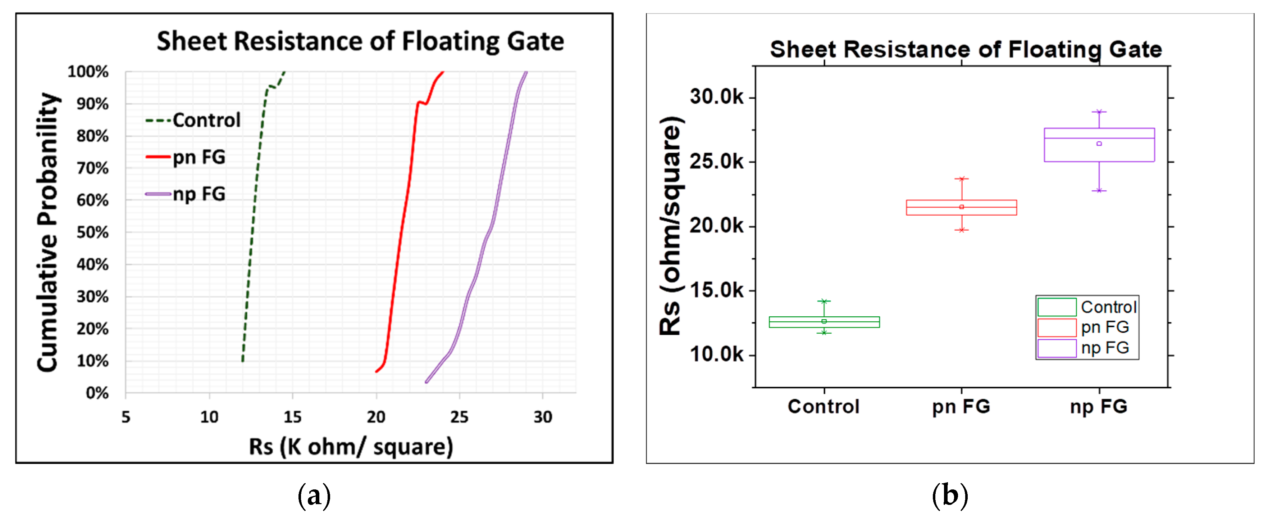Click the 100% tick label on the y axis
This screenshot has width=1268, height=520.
coord(88,72)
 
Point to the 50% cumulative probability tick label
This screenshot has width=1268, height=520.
coord(92,232)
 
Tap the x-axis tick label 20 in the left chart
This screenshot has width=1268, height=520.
coord(376,417)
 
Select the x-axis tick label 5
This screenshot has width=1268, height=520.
coord(126,417)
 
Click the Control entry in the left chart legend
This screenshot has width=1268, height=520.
coord(206,120)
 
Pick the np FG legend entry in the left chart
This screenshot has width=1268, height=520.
coord(199,194)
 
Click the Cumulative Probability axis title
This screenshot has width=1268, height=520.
coord(48,231)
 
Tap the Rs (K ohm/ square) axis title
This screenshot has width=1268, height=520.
coord(351,447)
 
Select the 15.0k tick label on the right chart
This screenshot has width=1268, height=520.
coord(716,290)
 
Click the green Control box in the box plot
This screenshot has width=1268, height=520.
coord(824,322)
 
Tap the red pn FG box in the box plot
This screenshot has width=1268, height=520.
coord(961,207)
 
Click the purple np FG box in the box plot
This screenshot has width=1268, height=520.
coord(1099,145)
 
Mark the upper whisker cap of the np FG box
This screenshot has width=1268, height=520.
coord(1099,112)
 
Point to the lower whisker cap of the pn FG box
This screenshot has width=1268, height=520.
coord(961,230)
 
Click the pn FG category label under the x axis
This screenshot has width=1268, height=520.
coord(961,407)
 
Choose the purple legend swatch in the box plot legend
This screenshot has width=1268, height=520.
coord(1057,348)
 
